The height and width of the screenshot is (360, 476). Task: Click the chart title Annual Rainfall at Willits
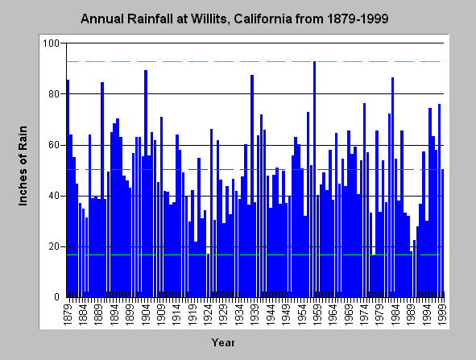click(234, 19)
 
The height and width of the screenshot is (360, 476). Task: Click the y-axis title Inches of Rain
click(23, 166)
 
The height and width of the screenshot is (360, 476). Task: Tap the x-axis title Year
click(223, 343)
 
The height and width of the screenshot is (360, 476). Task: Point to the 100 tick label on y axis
click(51, 43)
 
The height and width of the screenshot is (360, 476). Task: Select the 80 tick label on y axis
click(54, 94)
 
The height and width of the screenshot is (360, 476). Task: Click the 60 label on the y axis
click(54, 145)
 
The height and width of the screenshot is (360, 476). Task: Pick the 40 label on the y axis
click(54, 196)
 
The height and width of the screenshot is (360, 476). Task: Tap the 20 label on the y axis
click(54, 246)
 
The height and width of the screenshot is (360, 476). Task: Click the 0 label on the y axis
click(56, 297)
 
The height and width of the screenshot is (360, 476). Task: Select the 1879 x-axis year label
click(68, 314)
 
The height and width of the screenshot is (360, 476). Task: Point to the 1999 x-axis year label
click(442, 314)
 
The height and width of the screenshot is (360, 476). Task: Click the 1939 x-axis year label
click(255, 314)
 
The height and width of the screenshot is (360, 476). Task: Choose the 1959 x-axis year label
click(317, 314)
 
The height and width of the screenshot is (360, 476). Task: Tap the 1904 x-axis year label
click(146, 314)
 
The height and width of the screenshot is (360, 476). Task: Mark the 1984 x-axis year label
click(395, 314)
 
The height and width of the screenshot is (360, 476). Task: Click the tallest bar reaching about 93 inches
click(314, 179)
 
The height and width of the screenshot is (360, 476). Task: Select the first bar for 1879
click(68, 188)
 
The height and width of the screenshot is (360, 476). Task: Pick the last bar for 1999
click(443, 233)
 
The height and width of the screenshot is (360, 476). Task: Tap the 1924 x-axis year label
click(209, 314)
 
